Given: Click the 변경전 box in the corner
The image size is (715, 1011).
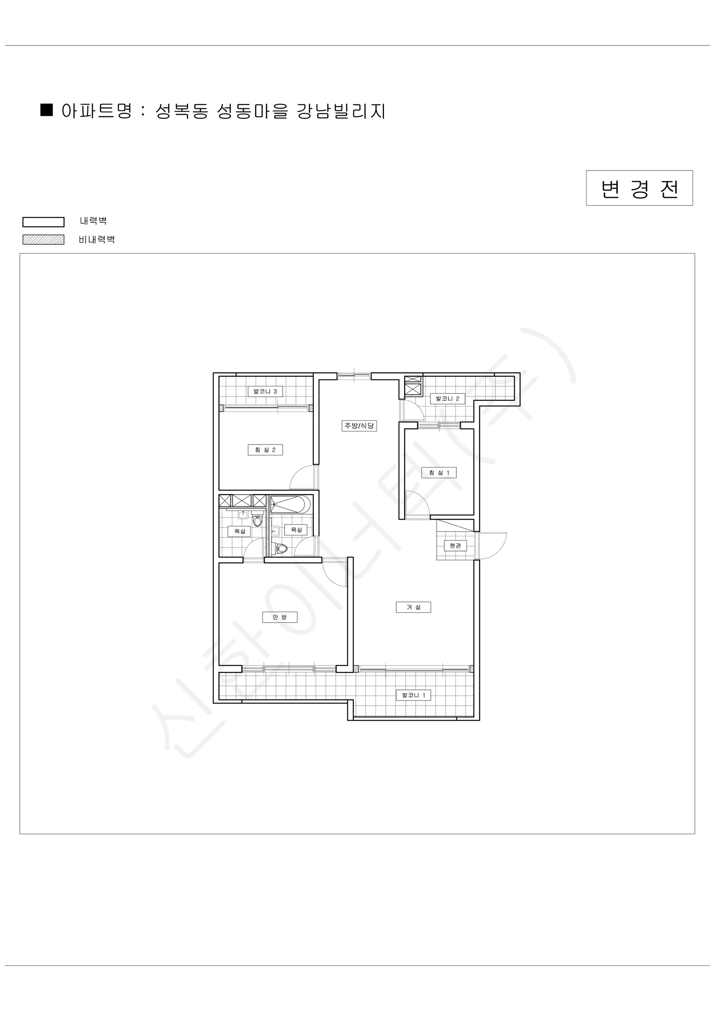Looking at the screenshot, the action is click(639, 188).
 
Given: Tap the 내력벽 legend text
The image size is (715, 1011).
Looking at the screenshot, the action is click(93, 221).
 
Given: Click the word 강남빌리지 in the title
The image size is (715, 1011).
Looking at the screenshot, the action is click(341, 111).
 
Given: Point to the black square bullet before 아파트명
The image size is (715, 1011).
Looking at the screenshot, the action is click(47, 110).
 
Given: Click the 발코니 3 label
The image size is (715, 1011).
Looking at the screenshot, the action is click(265, 391).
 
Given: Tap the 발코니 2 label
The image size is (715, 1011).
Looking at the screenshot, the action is click(447, 399).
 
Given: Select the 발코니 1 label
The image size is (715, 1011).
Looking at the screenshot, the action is click(414, 695).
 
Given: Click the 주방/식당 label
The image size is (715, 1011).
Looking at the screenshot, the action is click(359, 425).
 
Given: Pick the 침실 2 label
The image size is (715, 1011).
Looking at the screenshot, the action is click(265, 449).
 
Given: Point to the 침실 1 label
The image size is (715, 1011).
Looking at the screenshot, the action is click(439, 473).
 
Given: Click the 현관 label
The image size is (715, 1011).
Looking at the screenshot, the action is click(455, 546).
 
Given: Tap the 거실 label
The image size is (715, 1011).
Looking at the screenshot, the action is click(414, 607).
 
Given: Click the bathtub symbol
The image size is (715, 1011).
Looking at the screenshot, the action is click(291, 505).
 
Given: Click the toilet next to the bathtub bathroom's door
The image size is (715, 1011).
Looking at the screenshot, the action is click(280, 548).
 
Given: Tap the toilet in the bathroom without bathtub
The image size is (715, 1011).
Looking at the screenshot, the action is click(258, 520).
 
